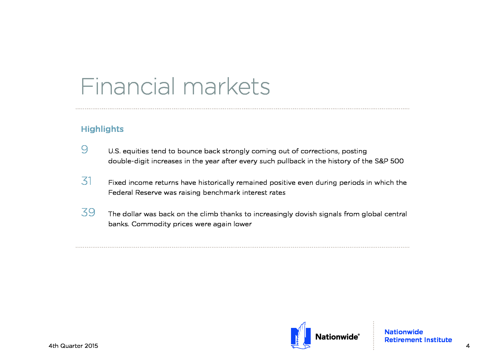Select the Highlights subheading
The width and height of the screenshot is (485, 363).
[102, 129]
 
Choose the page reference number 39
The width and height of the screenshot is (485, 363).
[88, 212]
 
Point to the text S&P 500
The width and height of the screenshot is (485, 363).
[389, 161]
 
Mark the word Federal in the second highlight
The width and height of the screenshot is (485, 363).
[121, 192]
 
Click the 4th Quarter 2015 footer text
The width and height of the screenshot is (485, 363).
[73, 346]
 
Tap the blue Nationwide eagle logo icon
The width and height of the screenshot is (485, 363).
[301, 336]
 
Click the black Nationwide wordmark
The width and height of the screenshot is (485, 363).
[337, 337]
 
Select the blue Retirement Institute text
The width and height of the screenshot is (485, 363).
[418, 340]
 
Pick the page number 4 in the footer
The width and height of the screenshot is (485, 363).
[468, 346]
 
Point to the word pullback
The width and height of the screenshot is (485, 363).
[291, 161]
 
